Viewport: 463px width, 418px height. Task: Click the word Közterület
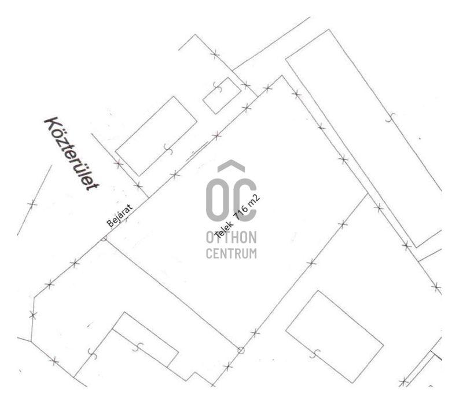[x=72, y=154]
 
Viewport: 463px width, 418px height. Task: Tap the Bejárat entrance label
[x=120, y=215]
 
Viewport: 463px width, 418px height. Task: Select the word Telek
[x=223, y=229]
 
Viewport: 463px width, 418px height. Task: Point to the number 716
[x=241, y=213]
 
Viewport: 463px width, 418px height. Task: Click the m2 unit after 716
[x=255, y=201]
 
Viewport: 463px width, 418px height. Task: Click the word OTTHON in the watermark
[x=231, y=237]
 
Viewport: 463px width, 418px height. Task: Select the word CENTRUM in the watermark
[x=231, y=253]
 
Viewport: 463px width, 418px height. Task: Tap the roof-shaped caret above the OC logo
[x=231, y=166]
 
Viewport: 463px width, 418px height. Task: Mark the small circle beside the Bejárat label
[x=104, y=238]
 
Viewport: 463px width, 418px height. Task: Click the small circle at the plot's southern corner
[x=241, y=351]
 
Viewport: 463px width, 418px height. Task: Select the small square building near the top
[x=222, y=96]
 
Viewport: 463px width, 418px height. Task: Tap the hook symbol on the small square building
[x=218, y=87]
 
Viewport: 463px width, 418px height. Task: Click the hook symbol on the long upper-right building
[x=390, y=118]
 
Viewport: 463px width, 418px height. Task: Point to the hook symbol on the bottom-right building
[x=315, y=354]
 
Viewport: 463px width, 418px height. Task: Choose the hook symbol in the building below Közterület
[x=168, y=149]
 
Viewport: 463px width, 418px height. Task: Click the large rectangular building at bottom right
[x=335, y=337]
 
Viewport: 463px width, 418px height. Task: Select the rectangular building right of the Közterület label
[x=156, y=136]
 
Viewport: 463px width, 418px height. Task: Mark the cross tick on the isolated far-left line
[x=32, y=204]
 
